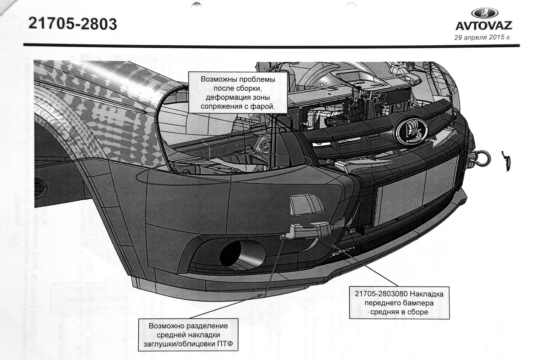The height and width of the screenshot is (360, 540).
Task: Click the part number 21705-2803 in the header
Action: click(x=72, y=24)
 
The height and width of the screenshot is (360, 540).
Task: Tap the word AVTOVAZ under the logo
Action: click(x=484, y=26)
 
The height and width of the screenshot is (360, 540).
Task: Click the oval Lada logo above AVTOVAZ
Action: click(x=484, y=13)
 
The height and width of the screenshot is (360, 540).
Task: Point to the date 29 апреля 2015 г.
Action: click(x=482, y=38)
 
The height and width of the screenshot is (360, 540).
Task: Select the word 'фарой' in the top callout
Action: click(x=264, y=106)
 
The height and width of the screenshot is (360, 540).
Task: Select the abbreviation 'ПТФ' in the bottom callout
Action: click(x=225, y=344)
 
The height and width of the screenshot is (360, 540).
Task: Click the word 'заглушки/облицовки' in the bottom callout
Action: click(x=179, y=344)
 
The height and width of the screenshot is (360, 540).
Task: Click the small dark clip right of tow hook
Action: click(x=506, y=160)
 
